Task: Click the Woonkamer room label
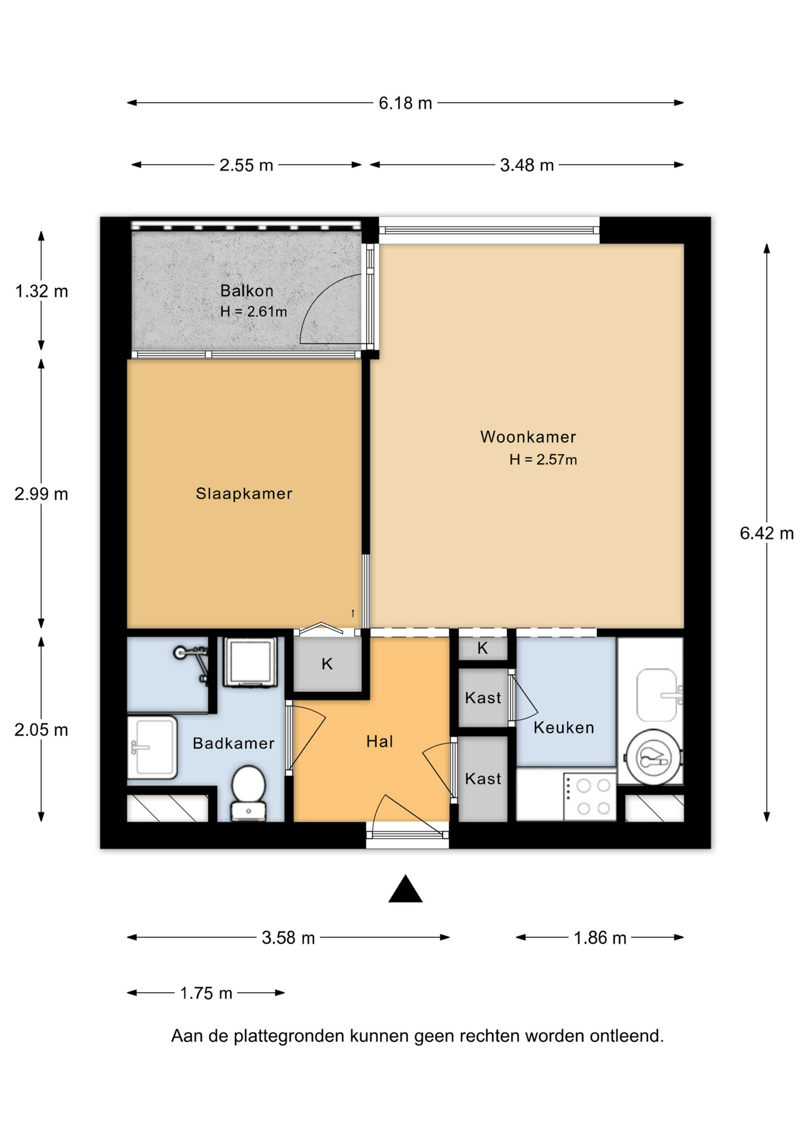tap(528, 437)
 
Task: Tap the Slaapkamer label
tap(244, 494)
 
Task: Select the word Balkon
tap(247, 291)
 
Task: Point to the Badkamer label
tap(233, 743)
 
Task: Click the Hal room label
tap(380, 741)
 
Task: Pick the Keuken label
tap(563, 727)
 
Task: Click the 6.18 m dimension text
tap(405, 103)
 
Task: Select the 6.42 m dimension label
tap(766, 534)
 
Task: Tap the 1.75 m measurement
tap(206, 993)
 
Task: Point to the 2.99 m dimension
tap(41, 494)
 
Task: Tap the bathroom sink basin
tap(152, 748)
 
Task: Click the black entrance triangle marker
tap(405, 889)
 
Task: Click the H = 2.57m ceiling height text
tap(543, 460)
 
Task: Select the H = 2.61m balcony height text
tap(253, 312)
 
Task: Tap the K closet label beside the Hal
tap(327, 664)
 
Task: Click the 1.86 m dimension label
tap(600, 939)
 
